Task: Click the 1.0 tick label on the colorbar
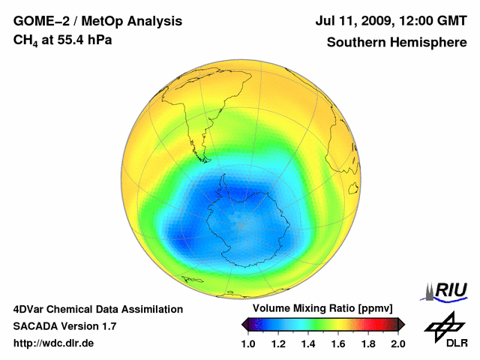click(x=248, y=343)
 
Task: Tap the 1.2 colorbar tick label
click(x=278, y=343)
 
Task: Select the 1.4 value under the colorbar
click(x=308, y=343)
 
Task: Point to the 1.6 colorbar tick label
click(x=338, y=343)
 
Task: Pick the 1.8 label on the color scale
click(x=368, y=343)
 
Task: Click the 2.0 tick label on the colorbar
click(x=397, y=343)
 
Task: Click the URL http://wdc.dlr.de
click(x=54, y=343)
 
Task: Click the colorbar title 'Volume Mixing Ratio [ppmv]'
click(x=322, y=308)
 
